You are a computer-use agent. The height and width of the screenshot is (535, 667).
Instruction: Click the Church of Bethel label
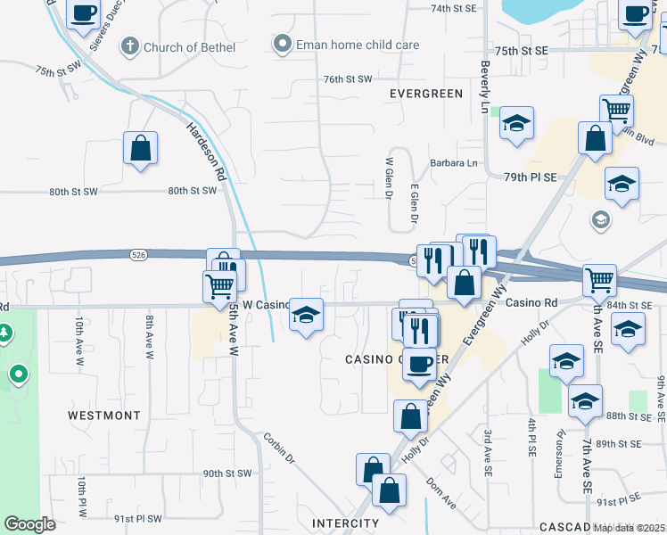tap(189, 46)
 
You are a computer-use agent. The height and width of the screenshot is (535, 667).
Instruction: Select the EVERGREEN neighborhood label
tap(426, 94)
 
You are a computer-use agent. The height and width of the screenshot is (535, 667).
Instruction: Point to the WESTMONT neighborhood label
tap(104, 416)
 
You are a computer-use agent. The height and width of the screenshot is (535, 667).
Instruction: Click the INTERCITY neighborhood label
tap(346, 523)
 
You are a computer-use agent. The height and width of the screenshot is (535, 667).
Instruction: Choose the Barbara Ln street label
tap(454, 163)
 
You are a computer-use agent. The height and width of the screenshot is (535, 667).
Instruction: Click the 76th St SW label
tap(347, 79)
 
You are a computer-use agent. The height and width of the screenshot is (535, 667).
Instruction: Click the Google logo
tap(29, 524)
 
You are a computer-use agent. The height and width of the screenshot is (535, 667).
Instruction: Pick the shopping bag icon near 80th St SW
tap(141, 148)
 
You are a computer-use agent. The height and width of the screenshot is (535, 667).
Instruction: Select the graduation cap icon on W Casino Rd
tap(306, 315)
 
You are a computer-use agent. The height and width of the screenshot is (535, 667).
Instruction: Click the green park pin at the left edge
tap(17, 374)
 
